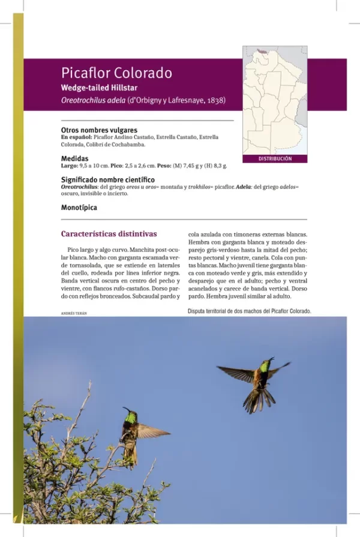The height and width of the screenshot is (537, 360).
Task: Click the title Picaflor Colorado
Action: pos(116,73)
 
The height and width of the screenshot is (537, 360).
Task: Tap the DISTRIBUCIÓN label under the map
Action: pos(275,159)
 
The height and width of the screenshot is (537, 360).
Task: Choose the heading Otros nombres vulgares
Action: pos(99,130)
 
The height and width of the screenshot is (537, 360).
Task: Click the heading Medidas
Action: pos(76,158)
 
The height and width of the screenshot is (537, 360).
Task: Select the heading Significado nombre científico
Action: pos(108,179)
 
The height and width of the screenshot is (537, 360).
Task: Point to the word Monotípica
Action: pos(79,208)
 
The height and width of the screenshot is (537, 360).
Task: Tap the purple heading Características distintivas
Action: pos(109,234)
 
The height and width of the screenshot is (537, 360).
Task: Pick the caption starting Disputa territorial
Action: pos(249,311)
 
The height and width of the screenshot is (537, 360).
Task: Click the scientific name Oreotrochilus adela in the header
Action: pos(92,100)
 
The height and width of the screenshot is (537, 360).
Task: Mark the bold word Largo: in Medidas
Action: pos(70,166)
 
